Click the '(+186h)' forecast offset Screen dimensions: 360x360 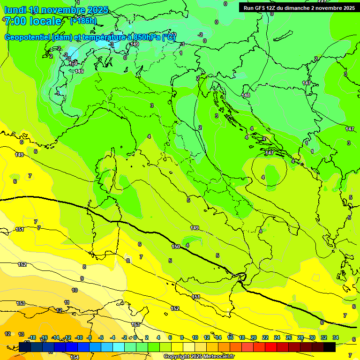click(83, 21)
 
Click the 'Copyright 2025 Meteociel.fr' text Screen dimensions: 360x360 click(198, 356)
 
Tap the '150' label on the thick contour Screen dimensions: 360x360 click(176, 247)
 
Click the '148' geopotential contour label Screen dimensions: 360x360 click(246, 95)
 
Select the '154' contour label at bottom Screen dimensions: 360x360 click(75, 357)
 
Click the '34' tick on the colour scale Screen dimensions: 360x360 click(336, 337)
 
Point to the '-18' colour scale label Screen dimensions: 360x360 click(32, 337)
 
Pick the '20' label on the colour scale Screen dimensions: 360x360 click(254, 337)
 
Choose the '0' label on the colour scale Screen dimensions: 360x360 click(135, 337)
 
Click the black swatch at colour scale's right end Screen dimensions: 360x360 click(330, 347)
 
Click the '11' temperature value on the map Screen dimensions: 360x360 click(67, 302)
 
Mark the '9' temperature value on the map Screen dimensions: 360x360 click(82, 278)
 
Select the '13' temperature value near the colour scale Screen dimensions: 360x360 click(21, 334)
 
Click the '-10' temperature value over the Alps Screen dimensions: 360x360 click(73, 63)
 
